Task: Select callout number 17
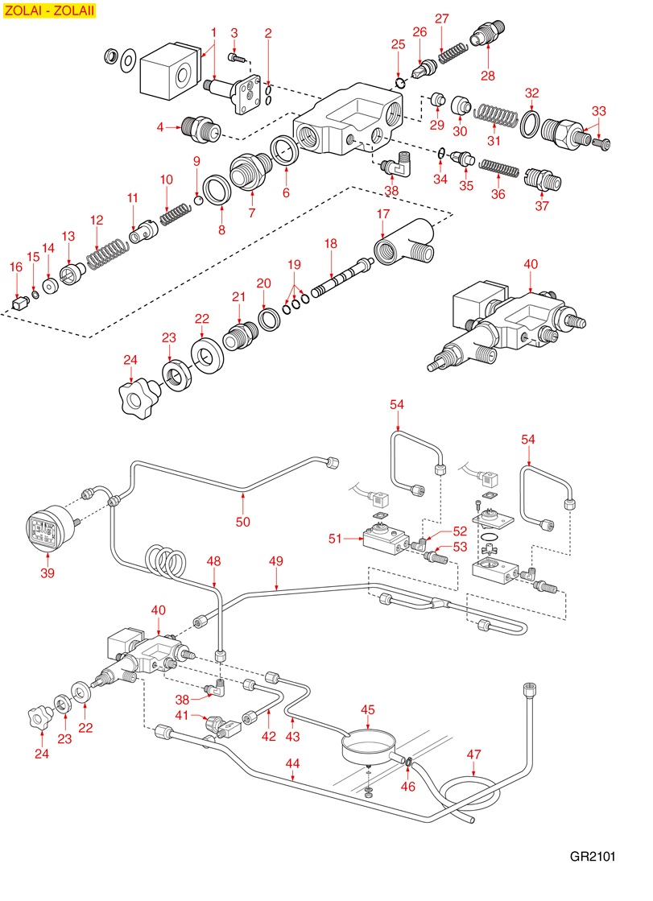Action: (382, 214)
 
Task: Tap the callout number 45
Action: (368, 709)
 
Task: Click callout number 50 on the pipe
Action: (243, 522)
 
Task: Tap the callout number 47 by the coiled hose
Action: (474, 754)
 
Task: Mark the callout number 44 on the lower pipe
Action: (292, 763)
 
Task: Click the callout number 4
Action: (161, 126)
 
